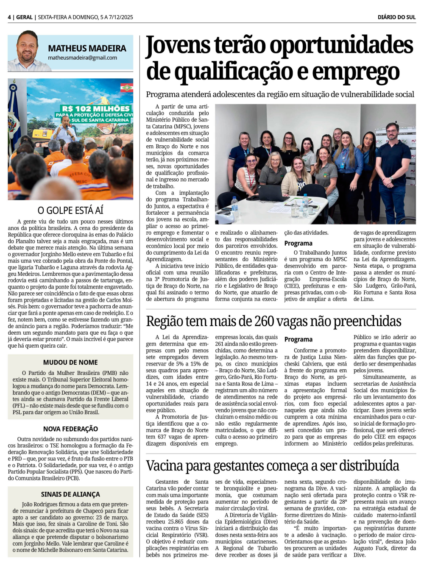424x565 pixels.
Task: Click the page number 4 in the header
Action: [9, 17]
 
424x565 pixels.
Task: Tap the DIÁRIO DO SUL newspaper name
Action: [396, 17]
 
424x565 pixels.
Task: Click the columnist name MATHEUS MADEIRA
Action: [87, 49]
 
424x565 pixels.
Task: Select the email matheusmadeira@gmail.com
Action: [82, 58]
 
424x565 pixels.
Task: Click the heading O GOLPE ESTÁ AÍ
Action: [70, 210]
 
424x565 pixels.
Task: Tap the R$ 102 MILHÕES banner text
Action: [96, 109]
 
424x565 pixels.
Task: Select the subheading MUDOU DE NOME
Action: [70, 363]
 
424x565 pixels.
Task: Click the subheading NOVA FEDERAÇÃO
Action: [70, 429]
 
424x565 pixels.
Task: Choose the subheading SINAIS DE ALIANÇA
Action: [70, 494]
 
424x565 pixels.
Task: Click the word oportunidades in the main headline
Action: [341, 46]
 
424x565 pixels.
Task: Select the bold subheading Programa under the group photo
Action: [298, 244]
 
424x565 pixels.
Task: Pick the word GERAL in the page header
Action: [24, 17]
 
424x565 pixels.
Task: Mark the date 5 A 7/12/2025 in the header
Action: [117, 17]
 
